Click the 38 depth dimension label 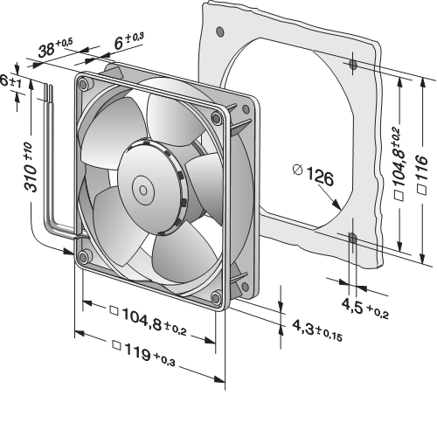pyautogui.click(x=55, y=47)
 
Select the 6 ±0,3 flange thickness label pyautogui.click(x=129, y=40)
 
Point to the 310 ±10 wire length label pyautogui.click(x=31, y=167)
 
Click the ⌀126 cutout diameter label pyautogui.click(x=313, y=174)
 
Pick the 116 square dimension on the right pyautogui.click(x=422, y=174)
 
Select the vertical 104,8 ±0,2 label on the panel pyautogui.click(x=399, y=163)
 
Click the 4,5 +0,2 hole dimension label pyautogui.click(x=365, y=309)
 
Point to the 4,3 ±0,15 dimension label pyautogui.click(x=317, y=330)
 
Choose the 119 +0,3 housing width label pyautogui.click(x=144, y=352)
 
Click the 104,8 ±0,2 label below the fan pyautogui.click(x=149, y=321)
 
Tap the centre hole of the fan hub pyautogui.click(x=143, y=191)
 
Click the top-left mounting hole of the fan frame pyautogui.click(x=83, y=84)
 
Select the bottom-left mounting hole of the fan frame pyautogui.click(x=83, y=257)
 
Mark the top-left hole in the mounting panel pyautogui.click(x=220, y=31)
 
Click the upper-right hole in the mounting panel pyautogui.click(x=353, y=65)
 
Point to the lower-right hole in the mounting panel pyautogui.click(x=352, y=239)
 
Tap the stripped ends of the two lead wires pyautogui.click(x=49, y=94)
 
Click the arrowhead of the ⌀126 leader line pyautogui.click(x=337, y=205)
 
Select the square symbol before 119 pyautogui.click(x=117, y=345)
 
